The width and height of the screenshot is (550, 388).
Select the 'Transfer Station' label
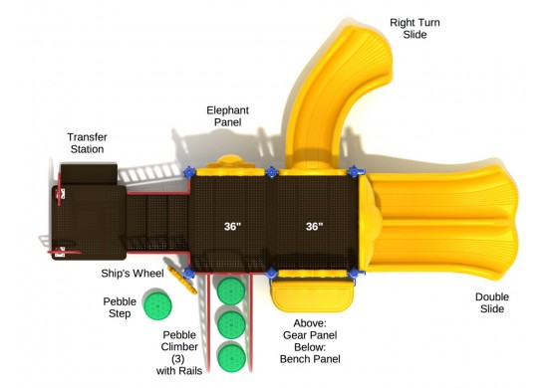coord(87,142)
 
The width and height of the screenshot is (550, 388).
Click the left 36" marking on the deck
coord(232,227)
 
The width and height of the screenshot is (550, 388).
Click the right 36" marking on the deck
coord(314,227)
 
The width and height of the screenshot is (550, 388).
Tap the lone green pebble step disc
coord(156,304)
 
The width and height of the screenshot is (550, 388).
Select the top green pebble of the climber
coord(231,291)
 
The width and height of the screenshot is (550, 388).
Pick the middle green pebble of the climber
coord(231,324)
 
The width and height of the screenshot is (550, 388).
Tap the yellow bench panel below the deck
coord(312,291)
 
